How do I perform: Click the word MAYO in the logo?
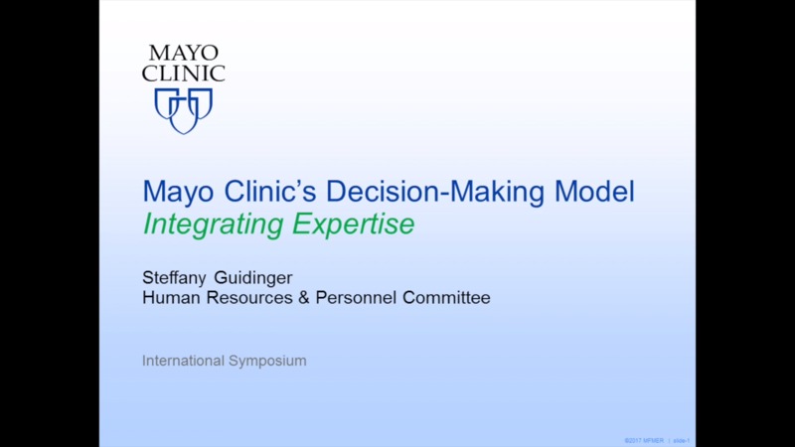pos(183,54)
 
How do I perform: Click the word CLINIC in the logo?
pos(183,74)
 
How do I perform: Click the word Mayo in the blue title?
pos(175,191)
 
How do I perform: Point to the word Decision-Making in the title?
pos(435,191)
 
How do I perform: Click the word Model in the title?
pos(593,191)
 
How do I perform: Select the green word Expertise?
pos(352,225)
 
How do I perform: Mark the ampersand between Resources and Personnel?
pos(304,297)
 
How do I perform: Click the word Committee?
pos(446,297)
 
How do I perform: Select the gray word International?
pos(181,361)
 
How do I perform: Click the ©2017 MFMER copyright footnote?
pos(644,440)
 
